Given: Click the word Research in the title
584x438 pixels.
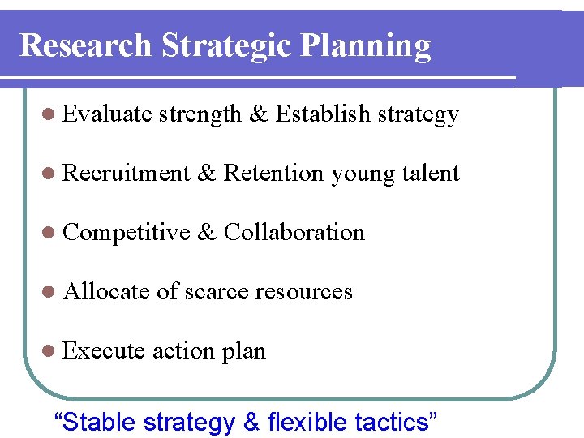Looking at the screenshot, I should pos(85,45).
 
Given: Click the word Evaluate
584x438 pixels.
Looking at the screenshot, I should pos(107,114).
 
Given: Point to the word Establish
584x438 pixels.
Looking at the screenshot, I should pos(324,114).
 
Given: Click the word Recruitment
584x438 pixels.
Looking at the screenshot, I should pos(126,173).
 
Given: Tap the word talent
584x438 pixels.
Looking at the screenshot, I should pos(430,173).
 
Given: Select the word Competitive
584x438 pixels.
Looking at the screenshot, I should pos(126,233).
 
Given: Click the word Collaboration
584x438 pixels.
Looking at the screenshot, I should pos(294,232).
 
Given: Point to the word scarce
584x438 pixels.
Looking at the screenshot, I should pos(218,292).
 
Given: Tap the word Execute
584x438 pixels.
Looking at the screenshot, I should pos(103,350).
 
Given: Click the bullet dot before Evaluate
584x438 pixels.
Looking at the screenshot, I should pos(50,115).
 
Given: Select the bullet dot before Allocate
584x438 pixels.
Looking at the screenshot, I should pos(50,292).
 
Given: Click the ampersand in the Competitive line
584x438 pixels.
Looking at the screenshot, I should pos(207,233).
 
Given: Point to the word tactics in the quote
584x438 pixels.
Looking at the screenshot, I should pos(396,422).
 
